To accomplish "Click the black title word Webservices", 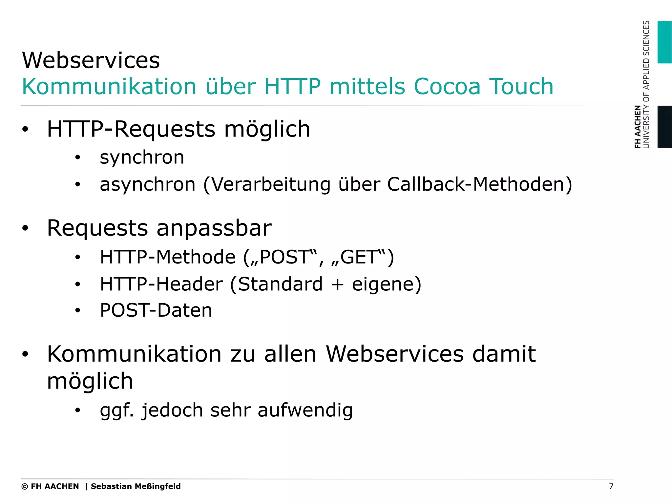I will [x=91, y=60].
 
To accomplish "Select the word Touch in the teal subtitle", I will [x=521, y=87].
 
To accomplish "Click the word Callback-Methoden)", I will [x=479, y=184].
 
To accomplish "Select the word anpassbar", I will [x=214, y=228].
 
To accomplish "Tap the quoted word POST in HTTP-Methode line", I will [x=284, y=257].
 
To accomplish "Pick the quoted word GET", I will [x=358, y=257].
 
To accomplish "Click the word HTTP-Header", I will [x=161, y=284].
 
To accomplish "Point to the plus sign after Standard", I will [x=337, y=284].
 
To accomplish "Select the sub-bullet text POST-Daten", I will [x=156, y=310].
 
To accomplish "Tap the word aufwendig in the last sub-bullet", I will [x=305, y=411].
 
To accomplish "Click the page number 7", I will [x=611, y=486].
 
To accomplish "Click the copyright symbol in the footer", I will [x=25, y=487].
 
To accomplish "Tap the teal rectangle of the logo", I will [x=664, y=42].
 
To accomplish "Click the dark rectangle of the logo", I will [x=664, y=127].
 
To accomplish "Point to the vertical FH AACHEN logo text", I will [x=638, y=127].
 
